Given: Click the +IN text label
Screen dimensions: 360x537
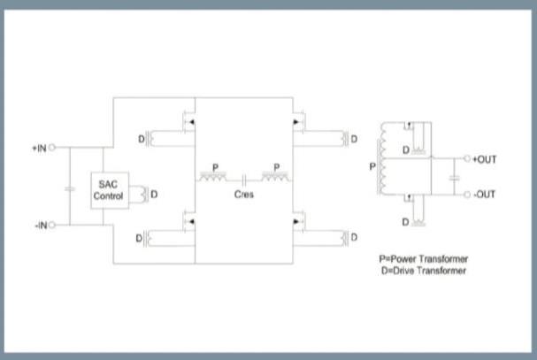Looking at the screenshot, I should tap(38, 149).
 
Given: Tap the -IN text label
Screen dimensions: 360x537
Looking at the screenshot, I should tap(39, 226).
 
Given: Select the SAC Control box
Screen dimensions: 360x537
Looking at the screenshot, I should tap(109, 190).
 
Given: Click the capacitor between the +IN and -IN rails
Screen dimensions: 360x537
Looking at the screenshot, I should tap(70, 188).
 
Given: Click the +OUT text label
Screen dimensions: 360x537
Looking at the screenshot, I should tap(485, 159).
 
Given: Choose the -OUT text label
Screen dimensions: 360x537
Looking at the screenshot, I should tap(485, 194).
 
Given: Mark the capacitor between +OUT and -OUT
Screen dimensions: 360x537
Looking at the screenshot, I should tap(454, 177).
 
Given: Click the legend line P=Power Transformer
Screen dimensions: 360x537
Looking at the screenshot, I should tap(423, 258).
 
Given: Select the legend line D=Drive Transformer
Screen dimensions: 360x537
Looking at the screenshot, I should tap(422, 271).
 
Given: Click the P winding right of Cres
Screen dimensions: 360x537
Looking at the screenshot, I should tap(276, 177).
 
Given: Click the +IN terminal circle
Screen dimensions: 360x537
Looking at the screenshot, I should tap(53, 149).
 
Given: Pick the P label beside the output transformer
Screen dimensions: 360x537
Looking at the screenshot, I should tap(372, 165).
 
